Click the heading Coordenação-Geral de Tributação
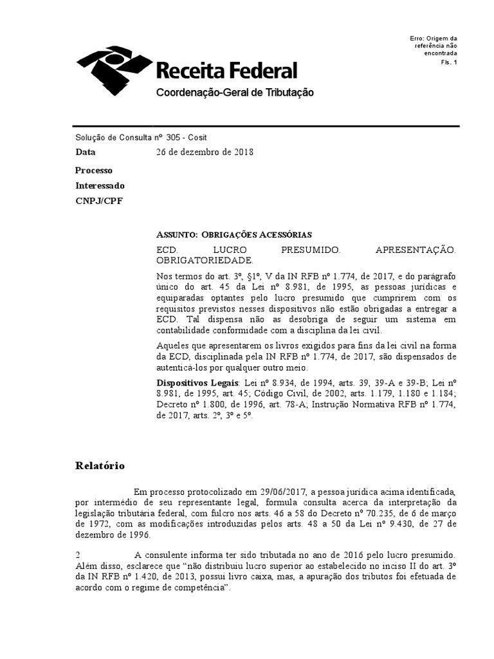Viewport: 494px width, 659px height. pos(235,93)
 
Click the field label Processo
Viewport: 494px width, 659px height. pos(93,171)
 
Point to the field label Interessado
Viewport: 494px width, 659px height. pos(100,185)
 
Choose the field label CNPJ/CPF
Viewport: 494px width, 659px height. pos(98,201)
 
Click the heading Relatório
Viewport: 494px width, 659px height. pos(100,465)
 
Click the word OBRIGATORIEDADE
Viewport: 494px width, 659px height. pos(205,260)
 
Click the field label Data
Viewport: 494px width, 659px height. pos(86,153)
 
